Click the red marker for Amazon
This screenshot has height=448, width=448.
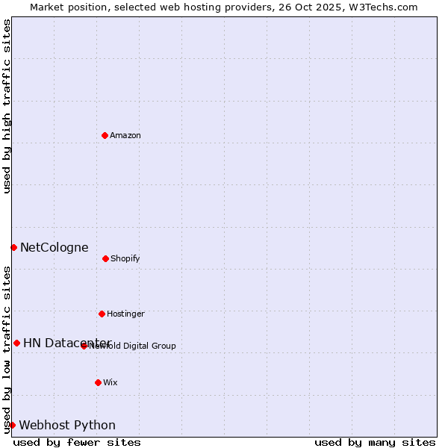[105, 135]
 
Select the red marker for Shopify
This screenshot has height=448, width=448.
[105, 258]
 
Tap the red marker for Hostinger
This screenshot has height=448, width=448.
[102, 314]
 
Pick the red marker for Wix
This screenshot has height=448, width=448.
[98, 382]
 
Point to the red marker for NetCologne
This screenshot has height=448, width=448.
[13, 247]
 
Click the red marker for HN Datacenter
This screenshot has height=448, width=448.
[16, 343]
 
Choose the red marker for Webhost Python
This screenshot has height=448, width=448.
[12, 425]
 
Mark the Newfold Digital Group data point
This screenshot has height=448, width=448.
[84, 346]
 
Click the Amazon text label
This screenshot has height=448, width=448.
[125, 135]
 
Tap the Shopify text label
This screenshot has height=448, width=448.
[125, 258]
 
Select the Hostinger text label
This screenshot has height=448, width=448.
[125, 314]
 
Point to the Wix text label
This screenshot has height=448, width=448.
[111, 382]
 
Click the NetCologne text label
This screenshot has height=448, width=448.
[54, 247]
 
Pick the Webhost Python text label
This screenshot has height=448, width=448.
[67, 425]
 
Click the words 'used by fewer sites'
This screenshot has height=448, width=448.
[77, 442]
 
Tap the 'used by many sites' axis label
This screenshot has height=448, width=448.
[375, 442]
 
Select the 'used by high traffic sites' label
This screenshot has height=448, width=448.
[7, 106]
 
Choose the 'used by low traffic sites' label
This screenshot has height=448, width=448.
[7, 349]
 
